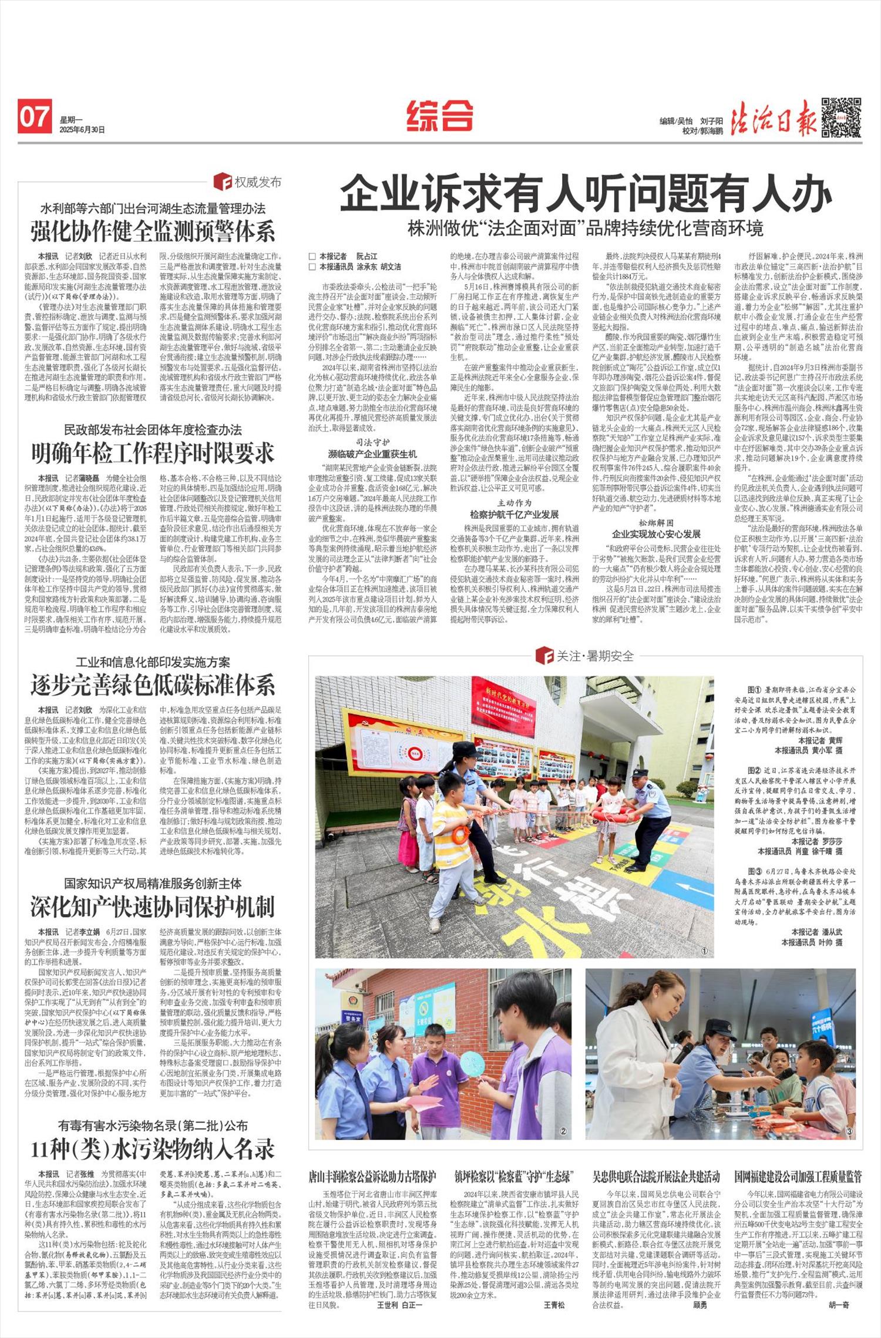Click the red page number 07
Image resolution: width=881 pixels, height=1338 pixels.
click(34, 116)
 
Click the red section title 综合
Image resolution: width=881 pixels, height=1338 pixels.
click(440, 114)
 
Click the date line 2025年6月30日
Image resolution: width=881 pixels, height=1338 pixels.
click(82, 130)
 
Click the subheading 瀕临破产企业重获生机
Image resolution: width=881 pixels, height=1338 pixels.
click(372, 454)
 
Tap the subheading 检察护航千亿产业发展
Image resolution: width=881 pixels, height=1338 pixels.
click(514, 514)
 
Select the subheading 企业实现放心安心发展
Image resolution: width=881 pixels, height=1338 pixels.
click(656, 534)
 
